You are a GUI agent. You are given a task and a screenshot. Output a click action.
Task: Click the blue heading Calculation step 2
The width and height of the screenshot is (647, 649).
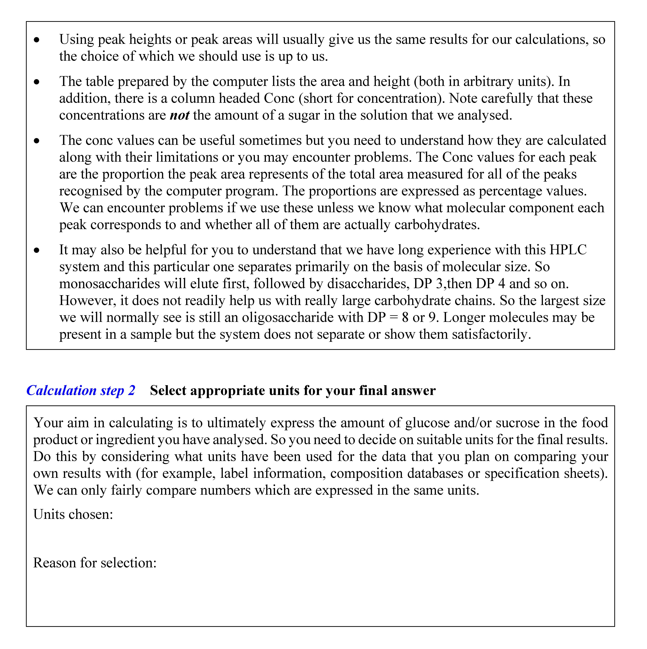point(81,390)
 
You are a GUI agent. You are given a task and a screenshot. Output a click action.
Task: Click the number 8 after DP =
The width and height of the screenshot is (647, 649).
point(405,317)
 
